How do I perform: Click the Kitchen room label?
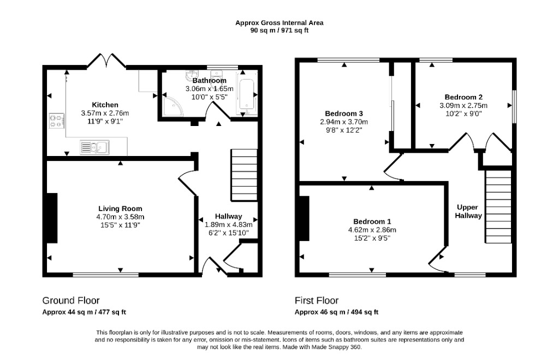tap(105, 105)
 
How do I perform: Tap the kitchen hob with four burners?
tap(57, 121)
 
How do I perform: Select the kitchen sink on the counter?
tap(94, 147)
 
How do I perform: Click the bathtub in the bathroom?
tap(246, 95)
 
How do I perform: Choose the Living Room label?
tap(120, 209)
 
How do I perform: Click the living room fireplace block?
tap(52, 218)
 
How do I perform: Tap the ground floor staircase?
tap(244, 175)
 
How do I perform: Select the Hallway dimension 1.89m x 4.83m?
tap(229, 225)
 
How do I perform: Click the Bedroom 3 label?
tap(344, 113)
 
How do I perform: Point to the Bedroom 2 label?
tap(463, 97)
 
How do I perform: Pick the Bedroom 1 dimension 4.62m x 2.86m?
tap(372, 230)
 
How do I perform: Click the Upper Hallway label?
tap(468, 211)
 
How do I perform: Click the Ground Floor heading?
tap(71, 301)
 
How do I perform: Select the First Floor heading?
tap(317, 301)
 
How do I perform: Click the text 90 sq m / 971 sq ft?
tap(279, 31)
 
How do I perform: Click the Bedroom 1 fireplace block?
tap(305, 219)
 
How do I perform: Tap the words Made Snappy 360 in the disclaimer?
tap(336, 347)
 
